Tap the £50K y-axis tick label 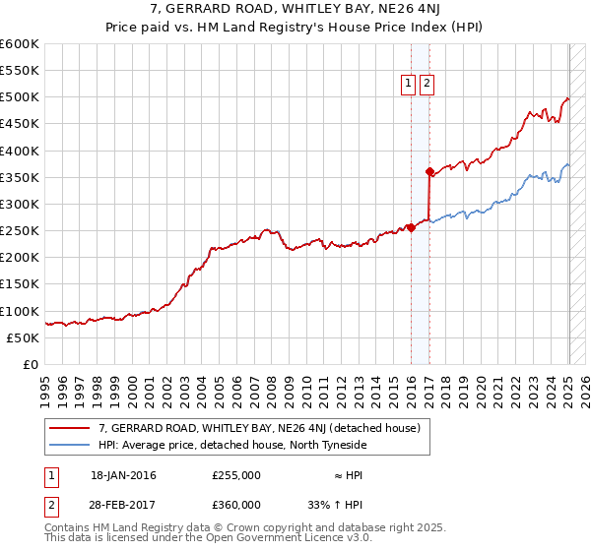click(24, 337)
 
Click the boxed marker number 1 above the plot click(408, 85)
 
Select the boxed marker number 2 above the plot click(427, 85)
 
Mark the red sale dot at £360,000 click(429, 171)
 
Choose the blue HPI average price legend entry click(231, 445)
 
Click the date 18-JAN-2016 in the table click(123, 475)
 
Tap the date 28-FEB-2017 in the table click(123, 504)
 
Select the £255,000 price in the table click(236, 475)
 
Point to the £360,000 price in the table click(236, 504)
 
